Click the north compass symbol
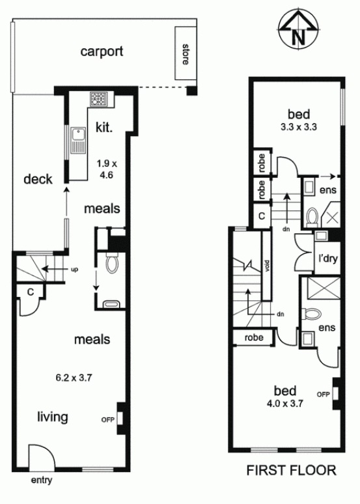click(299, 31)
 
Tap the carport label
click(102, 51)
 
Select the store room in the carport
click(186, 53)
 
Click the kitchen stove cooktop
click(98, 99)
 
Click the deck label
click(38, 179)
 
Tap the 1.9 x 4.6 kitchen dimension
click(107, 169)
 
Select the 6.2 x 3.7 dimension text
click(74, 378)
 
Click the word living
click(53, 417)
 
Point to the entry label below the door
click(42, 481)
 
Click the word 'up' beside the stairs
click(74, 270)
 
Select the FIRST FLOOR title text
click(291, 470)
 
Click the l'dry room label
click(327, 258)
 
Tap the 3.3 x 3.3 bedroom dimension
click(299, 127)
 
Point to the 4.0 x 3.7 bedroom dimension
click(284, 403)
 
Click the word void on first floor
click(266, 265)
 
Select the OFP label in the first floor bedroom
click(324, 394)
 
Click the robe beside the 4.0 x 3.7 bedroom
click(254, 337)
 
